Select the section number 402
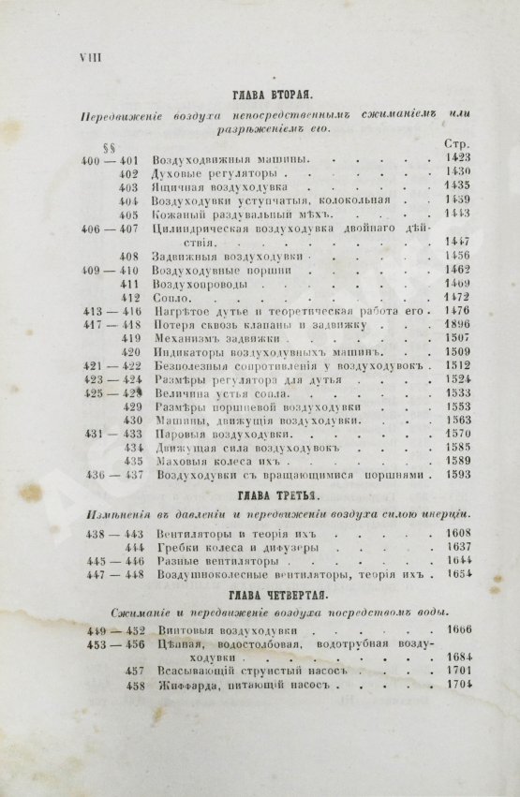[x=129, y=172]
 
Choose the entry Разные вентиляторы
[x=207, y=560]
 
